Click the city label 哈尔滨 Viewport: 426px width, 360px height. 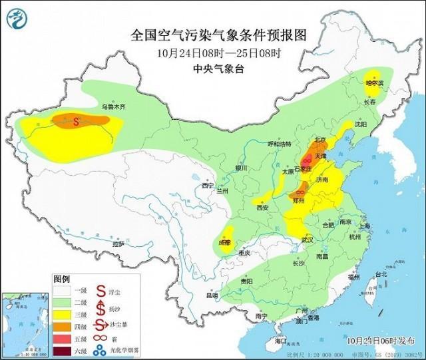coord(375,83)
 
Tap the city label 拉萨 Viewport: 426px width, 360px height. coord(118,244)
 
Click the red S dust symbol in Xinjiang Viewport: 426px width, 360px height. coord(77,121)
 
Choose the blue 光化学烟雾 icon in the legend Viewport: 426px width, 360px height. coord(101,350)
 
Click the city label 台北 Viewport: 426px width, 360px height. coord(380,274)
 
